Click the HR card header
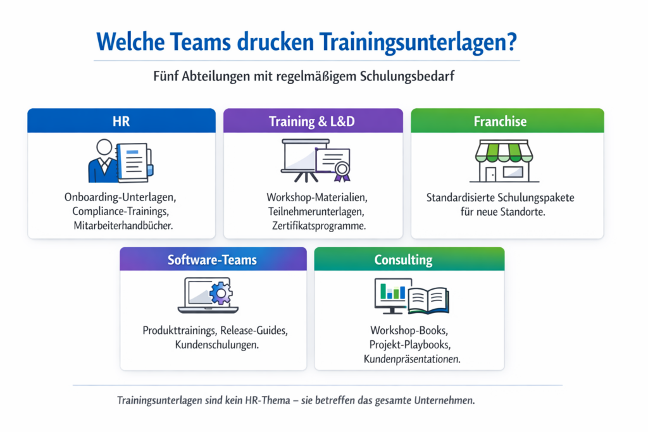tap(121, 121)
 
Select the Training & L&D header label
tap(313, 121)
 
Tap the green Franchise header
tap(500, 121)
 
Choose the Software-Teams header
tap(212, 259)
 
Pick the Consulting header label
tap(403, 259)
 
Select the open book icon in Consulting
tap(428, 300)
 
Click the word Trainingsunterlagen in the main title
tap(416, 42)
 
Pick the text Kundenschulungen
tap(212, 345)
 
